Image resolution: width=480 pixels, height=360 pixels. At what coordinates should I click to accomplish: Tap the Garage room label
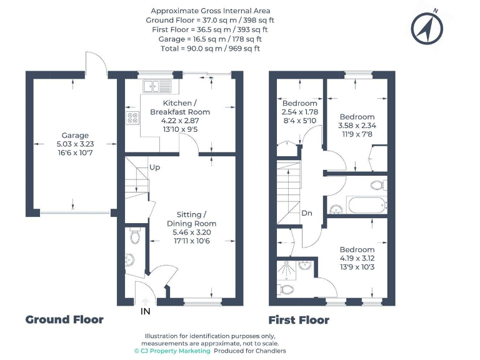tap(75, 135)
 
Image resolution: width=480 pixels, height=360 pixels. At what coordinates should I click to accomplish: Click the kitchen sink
tap(156, 86)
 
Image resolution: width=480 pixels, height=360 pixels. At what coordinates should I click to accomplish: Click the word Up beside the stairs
tap(154, 167)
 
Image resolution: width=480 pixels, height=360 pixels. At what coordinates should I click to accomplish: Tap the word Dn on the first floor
tap(307, 213)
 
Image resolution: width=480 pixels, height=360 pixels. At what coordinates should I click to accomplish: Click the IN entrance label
tap(145, 310)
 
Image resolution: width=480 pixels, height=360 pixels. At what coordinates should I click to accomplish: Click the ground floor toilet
tap(133, 236)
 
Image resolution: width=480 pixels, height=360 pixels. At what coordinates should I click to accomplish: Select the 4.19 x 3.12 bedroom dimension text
tap(357, 257)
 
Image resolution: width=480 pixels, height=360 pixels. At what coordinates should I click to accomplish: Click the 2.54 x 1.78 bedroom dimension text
tap(300, 112)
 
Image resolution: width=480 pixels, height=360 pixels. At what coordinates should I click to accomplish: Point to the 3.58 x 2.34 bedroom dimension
tap(357, 125)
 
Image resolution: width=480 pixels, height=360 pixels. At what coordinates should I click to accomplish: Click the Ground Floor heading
tap(64, 319)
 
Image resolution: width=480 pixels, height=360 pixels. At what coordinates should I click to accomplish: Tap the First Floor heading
tap(299, 320)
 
